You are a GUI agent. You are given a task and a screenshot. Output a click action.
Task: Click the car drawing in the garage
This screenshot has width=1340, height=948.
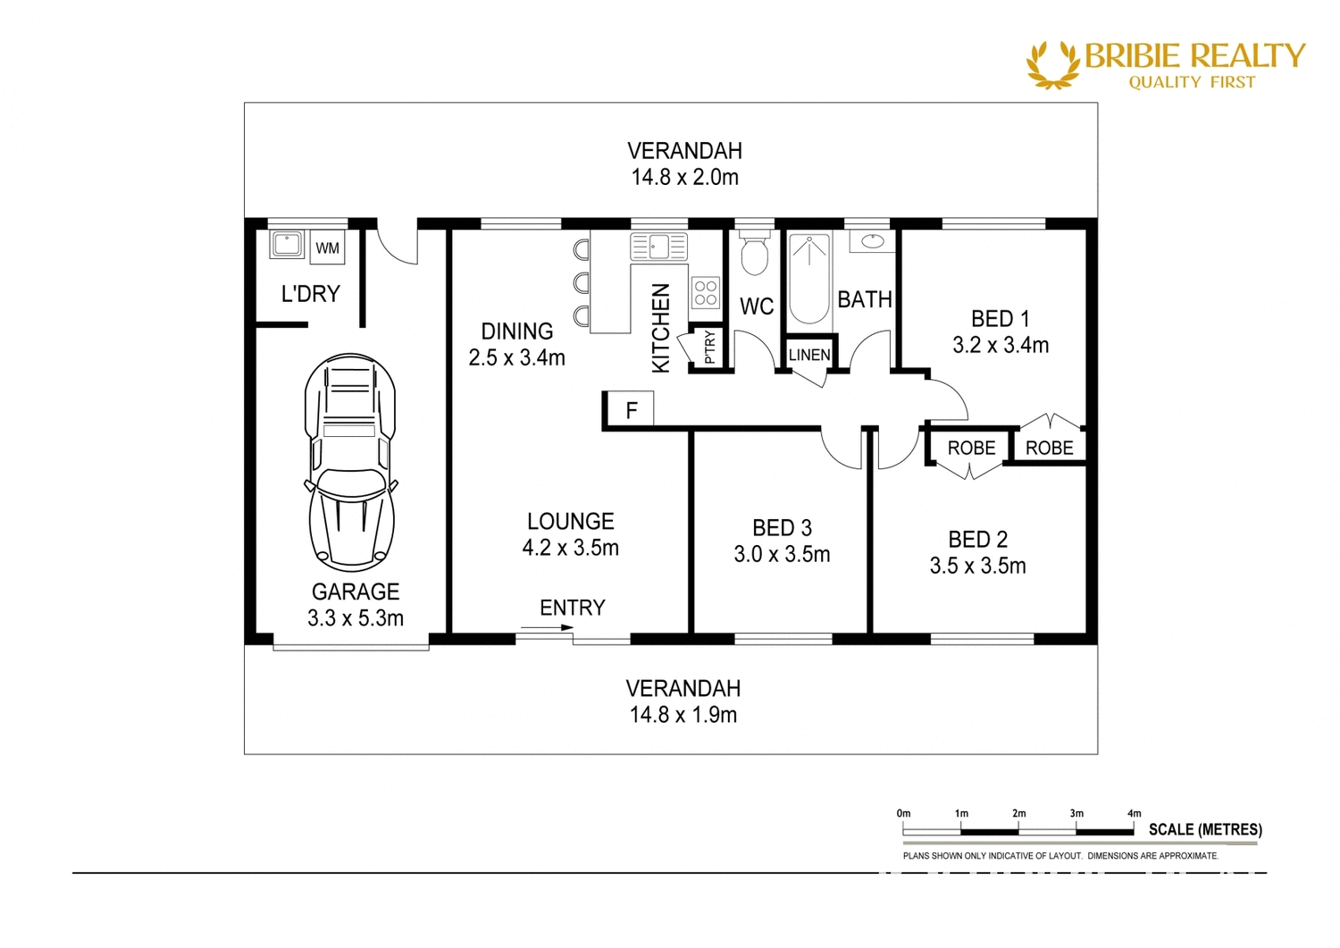tap(350, 462)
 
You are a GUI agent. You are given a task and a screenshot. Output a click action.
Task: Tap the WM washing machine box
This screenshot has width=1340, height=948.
tap(327, 247)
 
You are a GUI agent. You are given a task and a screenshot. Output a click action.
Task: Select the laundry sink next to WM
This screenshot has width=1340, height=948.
tap(287, 244)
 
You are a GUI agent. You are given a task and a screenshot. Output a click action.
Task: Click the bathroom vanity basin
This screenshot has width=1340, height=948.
tap(872, 241)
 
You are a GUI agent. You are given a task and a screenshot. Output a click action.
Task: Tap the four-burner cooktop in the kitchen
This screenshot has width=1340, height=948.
tap(706, 293)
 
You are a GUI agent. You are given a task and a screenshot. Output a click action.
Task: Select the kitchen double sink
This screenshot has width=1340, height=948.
tap(658, 246)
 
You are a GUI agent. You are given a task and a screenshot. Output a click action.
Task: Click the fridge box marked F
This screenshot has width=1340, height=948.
tap(631, 410)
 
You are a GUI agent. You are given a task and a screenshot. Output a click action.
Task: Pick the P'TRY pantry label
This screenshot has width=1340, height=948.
tap(709, 348)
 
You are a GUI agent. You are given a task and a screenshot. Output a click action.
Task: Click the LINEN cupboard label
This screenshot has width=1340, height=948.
tap(809, 355)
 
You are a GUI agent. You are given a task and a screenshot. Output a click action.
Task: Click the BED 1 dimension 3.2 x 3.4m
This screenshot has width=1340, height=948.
tap(1001, 345)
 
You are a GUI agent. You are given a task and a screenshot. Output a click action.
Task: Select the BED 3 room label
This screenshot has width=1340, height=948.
tap(782, 528)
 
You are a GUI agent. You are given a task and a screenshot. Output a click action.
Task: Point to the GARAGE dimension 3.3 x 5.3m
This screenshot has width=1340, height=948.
tap(356, 617)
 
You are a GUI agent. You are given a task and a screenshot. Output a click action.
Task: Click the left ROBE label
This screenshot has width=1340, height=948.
tap(971, 448)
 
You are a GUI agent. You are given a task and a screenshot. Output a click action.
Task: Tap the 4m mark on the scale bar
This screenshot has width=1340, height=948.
tap(1134, 814)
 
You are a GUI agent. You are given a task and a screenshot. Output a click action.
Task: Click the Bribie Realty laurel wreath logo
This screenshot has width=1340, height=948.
tap(1053, 64)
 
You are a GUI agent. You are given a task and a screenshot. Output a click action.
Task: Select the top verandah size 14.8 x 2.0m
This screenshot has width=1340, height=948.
tap(684, 177)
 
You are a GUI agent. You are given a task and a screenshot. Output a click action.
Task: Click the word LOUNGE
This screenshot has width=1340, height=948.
tap(570, 521)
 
